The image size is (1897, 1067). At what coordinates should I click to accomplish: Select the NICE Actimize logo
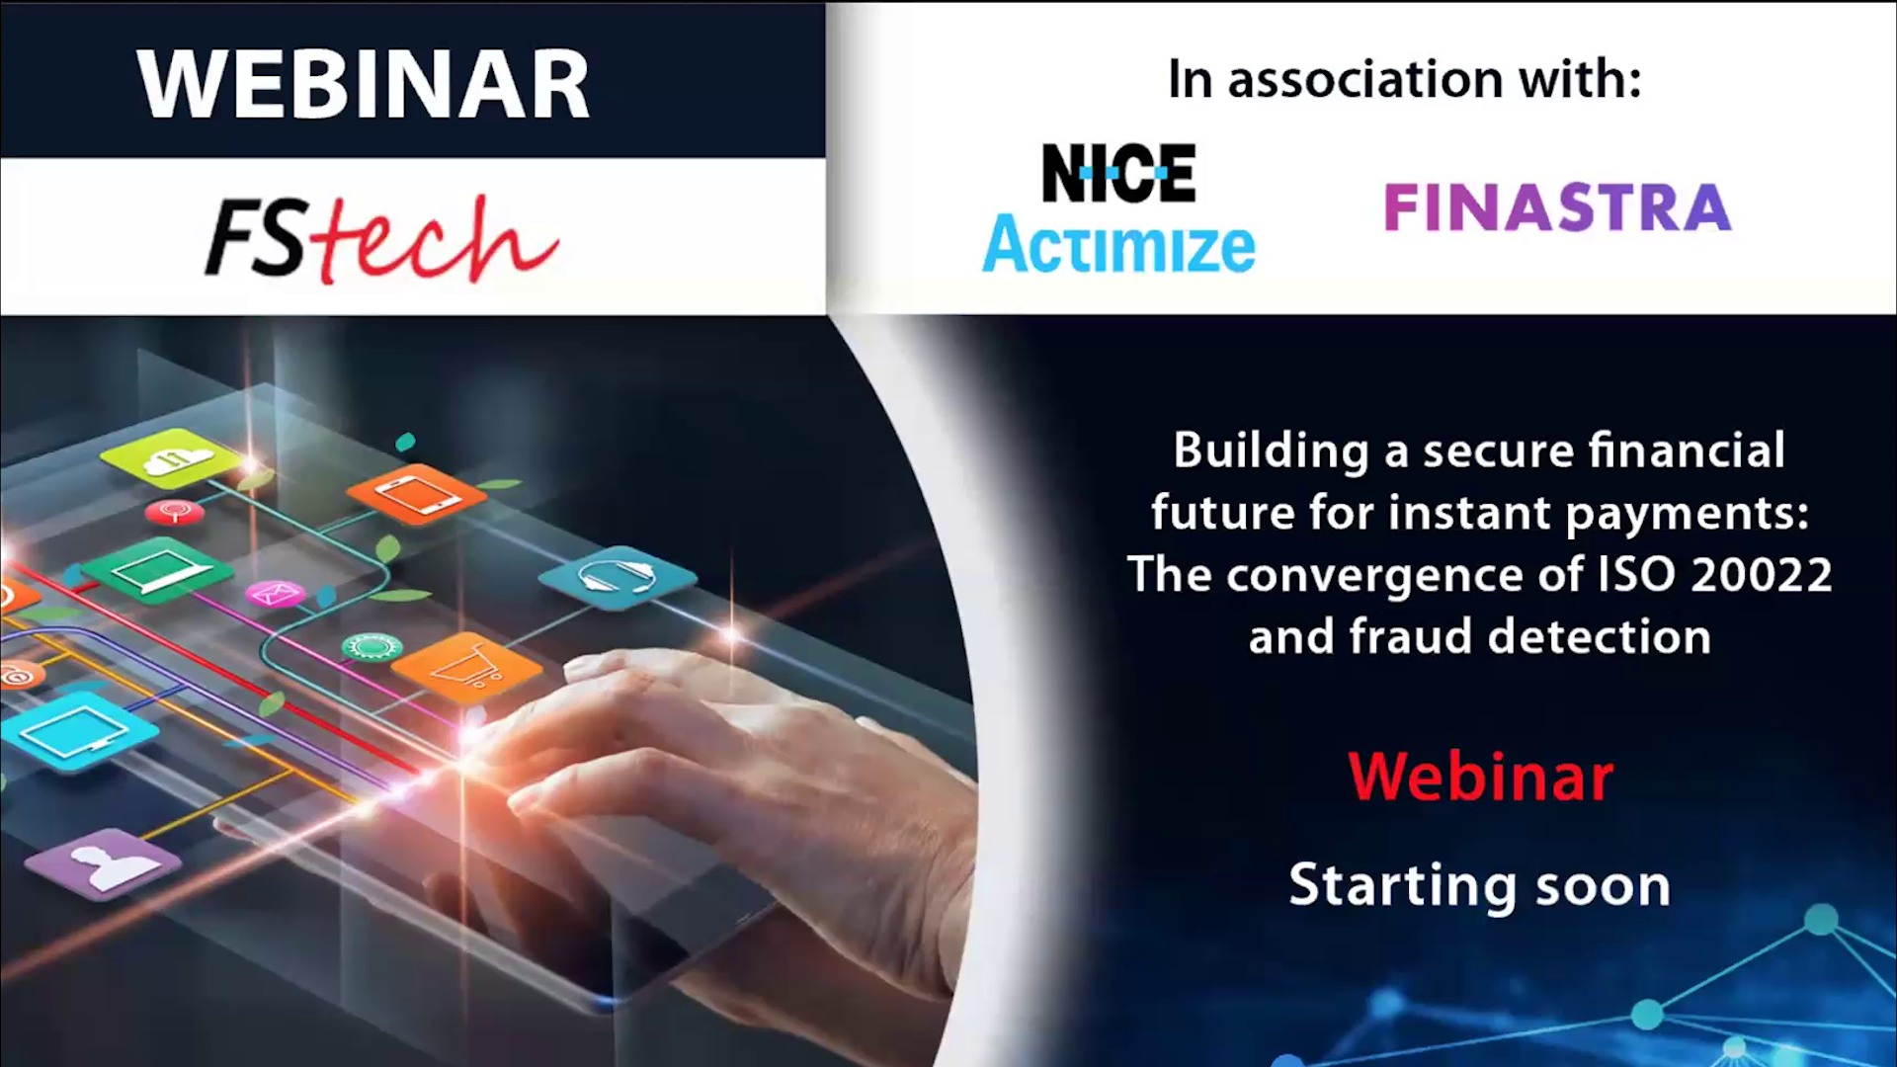[1118, 207]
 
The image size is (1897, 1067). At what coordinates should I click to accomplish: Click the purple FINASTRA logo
[1557, 206]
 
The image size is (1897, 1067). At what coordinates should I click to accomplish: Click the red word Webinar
[1480, 777]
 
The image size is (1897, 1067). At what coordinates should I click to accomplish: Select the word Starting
[1403, 886]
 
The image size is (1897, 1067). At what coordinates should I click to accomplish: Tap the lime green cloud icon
[170, 458]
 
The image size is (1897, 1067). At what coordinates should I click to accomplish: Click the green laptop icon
[157, 571]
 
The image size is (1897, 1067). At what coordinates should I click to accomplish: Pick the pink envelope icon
[276, 593]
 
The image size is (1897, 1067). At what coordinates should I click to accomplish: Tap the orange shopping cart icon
[467, 669]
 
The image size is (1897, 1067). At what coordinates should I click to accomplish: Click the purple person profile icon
[103, 864]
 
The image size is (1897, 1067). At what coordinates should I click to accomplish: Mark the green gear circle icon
[372, 647]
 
